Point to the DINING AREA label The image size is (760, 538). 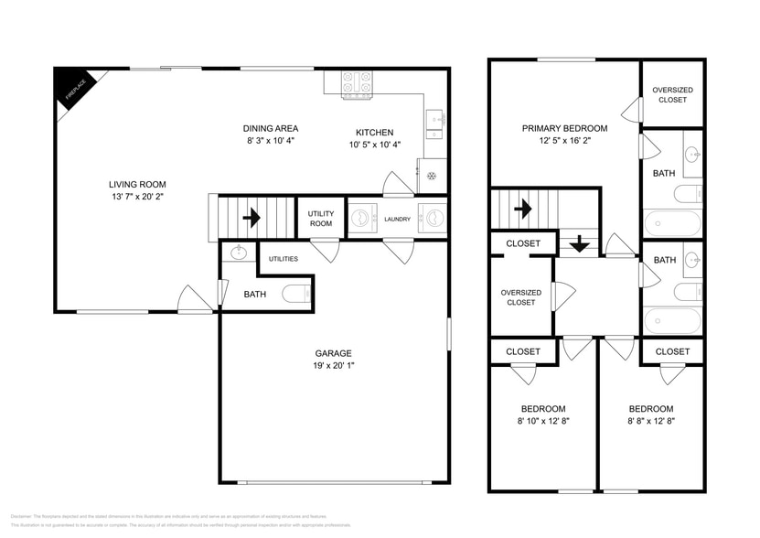click(270, 128)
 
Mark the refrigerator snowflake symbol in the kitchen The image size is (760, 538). click(432, 176)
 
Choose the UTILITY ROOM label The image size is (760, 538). click(321, 219)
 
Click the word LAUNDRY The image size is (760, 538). click(397, 219)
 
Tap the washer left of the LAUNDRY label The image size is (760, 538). click(363, 219)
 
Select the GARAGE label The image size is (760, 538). click(333, 353)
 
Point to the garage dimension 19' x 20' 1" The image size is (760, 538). click(333, 366)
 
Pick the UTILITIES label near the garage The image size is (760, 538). click(283, 259)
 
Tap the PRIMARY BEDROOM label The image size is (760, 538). click(564, 128)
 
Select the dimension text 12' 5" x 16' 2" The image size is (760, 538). click(564, 141)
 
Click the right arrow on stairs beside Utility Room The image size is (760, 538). click(251, 219)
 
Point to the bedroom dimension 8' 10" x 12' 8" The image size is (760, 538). click(543, 421)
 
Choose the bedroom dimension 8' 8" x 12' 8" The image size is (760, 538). click(650, 421)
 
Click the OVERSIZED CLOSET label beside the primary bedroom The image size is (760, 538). click(672, 94)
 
